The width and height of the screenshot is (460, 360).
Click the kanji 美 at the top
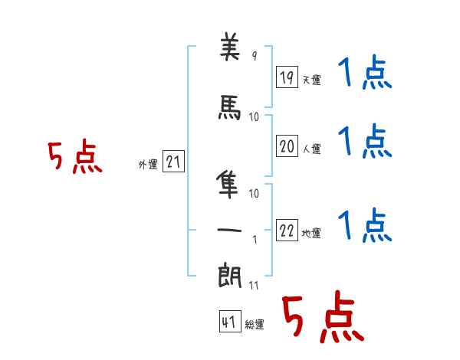[x=230, y=47]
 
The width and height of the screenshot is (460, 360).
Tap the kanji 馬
[x=230, y=107]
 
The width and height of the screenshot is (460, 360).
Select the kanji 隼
[x=228, y=184]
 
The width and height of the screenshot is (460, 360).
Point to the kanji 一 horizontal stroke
[x=229, y=230]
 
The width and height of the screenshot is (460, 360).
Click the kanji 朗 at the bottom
[x=230, y=275]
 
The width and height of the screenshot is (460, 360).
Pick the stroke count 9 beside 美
[x=255, y=55]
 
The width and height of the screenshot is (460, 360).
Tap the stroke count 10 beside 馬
[x=254, y=117]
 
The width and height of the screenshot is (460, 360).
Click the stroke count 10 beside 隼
[x=254, y=194]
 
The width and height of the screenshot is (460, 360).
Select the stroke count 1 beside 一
[x=255, y=240]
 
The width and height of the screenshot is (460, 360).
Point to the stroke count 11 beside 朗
[x=254, y=286]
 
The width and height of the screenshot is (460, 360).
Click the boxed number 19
[x=287, y=77]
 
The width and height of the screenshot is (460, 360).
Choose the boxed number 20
[x=287, y=146]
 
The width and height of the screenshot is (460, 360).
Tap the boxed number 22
[x=287, y=230]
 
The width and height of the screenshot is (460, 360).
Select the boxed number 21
[x=173, y=162]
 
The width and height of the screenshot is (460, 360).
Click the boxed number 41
[x=230, y=322]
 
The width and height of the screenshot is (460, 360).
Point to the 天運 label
[x=311, y=80]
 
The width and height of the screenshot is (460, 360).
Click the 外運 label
[x=148, y=165]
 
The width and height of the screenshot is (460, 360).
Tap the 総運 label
[x=255, y=325]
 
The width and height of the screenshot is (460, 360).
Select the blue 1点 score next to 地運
[x=365, y=225]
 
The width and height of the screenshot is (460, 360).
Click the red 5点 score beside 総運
[x=324, y=316]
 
